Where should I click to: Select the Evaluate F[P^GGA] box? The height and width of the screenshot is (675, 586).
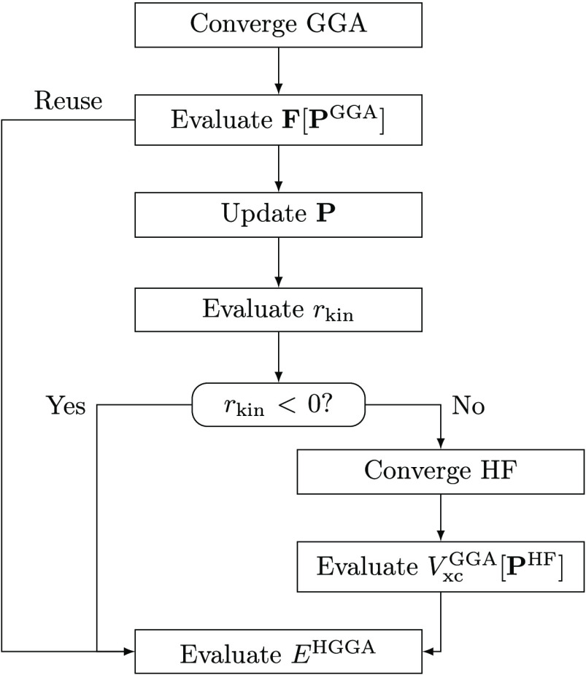point(277,120)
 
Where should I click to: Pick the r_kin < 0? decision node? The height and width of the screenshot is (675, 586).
point(277,404)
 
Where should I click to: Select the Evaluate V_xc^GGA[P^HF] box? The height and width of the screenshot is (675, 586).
point(441,566)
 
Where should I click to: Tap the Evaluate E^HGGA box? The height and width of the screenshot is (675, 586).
point(277,650)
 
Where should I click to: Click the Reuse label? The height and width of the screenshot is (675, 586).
point(68,103)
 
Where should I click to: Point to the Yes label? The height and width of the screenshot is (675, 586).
point(66,405)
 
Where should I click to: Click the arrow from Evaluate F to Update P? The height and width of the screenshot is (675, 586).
point(277,169)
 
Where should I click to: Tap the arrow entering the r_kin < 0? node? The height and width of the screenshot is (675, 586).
point(277,358)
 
